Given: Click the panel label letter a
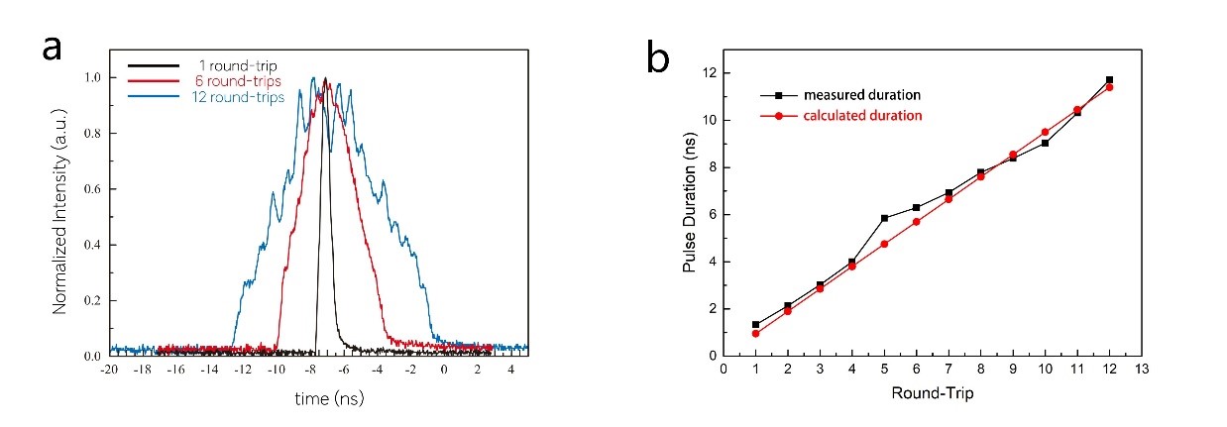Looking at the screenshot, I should (55, 48).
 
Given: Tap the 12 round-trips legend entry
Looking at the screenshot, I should (236, 97).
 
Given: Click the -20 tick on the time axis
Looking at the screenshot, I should (111, 370).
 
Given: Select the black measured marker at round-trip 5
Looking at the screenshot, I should (883, 218).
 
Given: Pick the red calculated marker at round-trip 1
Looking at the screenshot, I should (755, 333).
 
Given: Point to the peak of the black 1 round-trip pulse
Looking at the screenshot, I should (324, 78).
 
